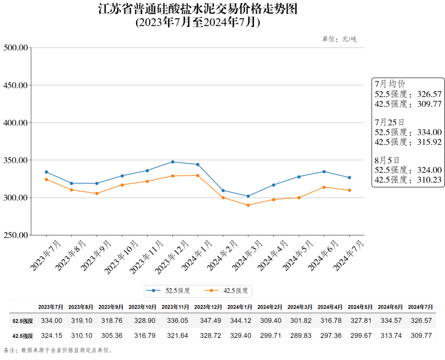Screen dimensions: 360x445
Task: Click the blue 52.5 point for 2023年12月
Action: click(173, 162)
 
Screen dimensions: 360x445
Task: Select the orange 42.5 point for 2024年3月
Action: click(248, 205)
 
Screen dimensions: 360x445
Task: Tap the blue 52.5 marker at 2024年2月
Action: click(223, 191)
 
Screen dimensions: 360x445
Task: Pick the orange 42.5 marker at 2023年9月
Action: click(97, 193)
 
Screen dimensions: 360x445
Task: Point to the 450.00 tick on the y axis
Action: click(15, 85)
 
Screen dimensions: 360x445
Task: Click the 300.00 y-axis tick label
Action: click(15, 198)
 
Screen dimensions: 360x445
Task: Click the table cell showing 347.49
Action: click(210, 321)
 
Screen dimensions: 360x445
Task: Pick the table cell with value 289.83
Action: click(301, 336)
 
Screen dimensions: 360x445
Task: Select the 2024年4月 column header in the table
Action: click(330, 307)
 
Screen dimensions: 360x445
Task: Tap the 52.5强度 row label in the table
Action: click(23, 321)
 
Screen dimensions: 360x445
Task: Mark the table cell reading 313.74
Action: click(391, 336)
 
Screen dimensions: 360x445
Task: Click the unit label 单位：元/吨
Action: click(339, 39)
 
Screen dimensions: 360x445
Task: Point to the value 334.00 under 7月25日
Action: click(429, 133)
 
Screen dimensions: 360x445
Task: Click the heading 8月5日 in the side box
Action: click(387, 161)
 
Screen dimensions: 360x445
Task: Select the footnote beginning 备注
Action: click(58, 350)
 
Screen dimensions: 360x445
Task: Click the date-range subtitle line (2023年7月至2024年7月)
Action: click(198, 22)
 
